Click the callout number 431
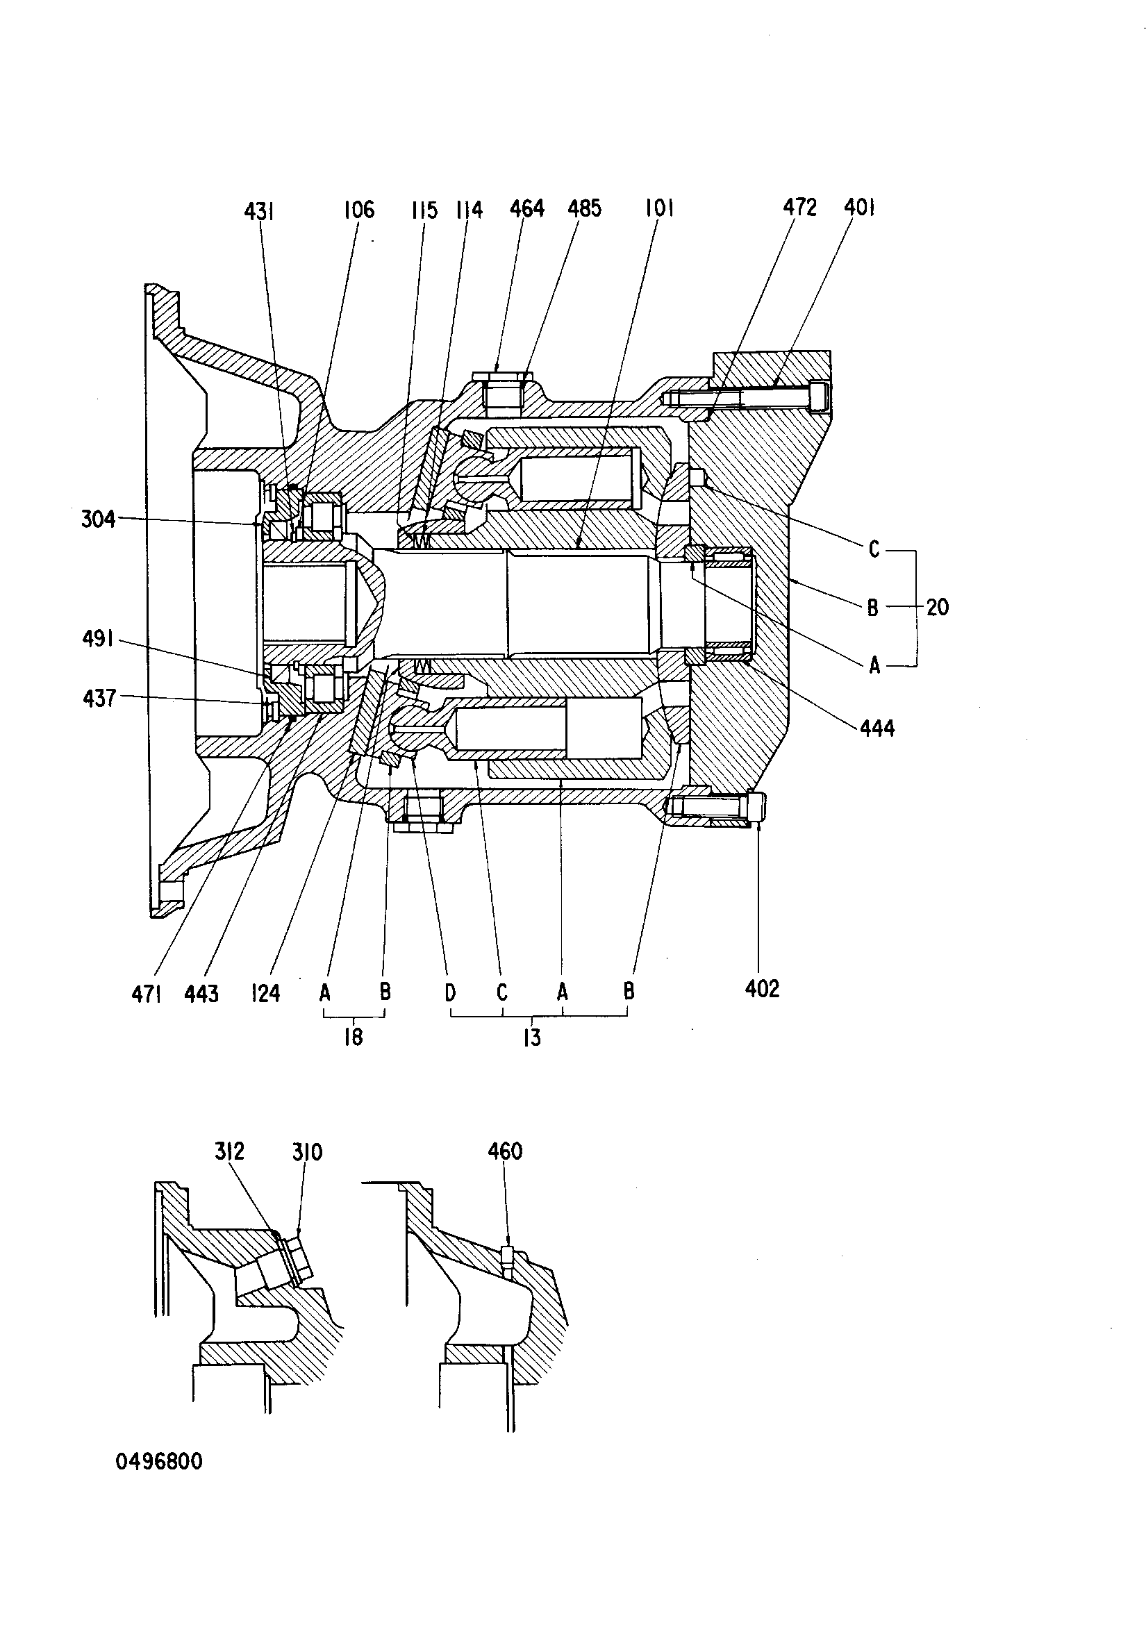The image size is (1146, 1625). click(259, 211)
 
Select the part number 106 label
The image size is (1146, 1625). click(359, 210)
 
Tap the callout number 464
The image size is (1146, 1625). click(526, 208)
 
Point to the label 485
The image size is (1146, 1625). click(585, 208)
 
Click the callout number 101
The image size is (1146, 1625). click(659, 208)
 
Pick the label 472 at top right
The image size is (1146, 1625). click(800, 208)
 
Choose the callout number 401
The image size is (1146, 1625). click(859, 208)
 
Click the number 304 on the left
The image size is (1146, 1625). click(99, 519)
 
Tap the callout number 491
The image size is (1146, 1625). click(98, 639)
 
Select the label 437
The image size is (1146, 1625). click(99, 699)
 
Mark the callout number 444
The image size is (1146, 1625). click(878, 728)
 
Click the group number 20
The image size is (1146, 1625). click(937, 607)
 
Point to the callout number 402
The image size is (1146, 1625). click(763, 989)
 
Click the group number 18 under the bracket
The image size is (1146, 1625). click(354, 1037)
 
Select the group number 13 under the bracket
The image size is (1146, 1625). click(531, 1037)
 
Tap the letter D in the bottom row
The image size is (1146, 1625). click(450, 992)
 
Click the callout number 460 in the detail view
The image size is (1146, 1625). click(506, 1151)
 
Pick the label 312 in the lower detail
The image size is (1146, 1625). click(229, 1151)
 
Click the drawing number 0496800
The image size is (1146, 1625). click(159, 1462)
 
